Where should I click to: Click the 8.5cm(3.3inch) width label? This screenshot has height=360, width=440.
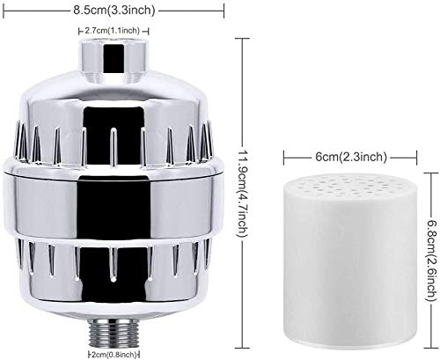point(114,11)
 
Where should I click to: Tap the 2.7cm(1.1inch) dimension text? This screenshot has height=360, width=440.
point(112,31)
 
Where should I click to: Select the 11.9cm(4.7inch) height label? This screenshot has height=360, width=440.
point(243,194)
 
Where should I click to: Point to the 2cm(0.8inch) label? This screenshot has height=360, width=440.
point(113,354)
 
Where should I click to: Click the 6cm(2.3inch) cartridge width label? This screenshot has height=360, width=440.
point(351,157)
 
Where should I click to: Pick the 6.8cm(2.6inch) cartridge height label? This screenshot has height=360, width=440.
point(432,261)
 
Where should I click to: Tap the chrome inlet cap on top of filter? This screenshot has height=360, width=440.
point(114,59)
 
